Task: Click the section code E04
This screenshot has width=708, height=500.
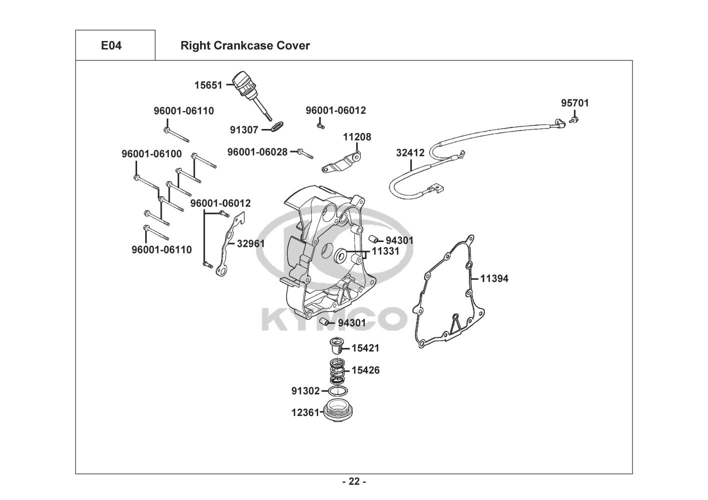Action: pyautogui.click(x=111, y=45)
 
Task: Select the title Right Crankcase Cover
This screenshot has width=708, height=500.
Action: pyautogui.click(x=245, y=45)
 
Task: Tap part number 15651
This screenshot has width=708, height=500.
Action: pyautogui.click(x=208, y=85)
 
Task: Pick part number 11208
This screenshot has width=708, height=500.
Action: pyautogui.click(x=357, y=136)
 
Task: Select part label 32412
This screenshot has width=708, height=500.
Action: pyautogui.click(x=410, y=152)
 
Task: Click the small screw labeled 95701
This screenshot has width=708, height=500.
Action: pyautogui.click(x=574, y=119)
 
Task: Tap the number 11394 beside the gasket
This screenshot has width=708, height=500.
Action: pyautogui.click(x=494, y=278)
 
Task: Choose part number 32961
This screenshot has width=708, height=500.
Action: pyautogui.click(x=251, y=243)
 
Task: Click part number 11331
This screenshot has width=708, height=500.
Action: pyautogui.click(x=385, y=251)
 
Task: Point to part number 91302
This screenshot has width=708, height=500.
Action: pyautogui.click(x=305, y=390)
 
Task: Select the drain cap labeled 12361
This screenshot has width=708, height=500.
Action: pyautogui.click(x=337, y=411)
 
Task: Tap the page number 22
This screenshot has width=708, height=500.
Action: pyautogui.click(x=354, y=481)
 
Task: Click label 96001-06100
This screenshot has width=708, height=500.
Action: pyautogui.click(x=152, y=153)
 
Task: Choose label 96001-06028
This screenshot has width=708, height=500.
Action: pyautogui.click(x=257, y=151)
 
